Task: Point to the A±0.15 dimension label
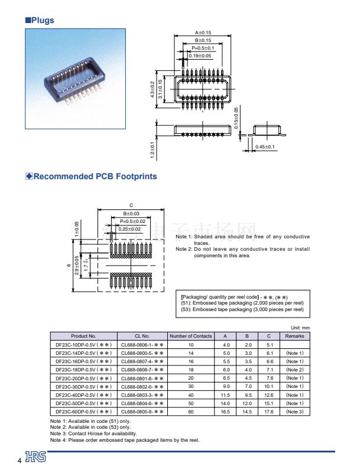tap(203, 33)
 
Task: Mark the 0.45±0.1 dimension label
tap(265, 147)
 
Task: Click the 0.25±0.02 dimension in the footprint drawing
tap(129, 229)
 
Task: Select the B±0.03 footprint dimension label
tap(131, 214)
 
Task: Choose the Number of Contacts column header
tap(190, 336)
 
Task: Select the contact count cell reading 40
tap(190, 394)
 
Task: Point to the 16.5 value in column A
tap(226, 411)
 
